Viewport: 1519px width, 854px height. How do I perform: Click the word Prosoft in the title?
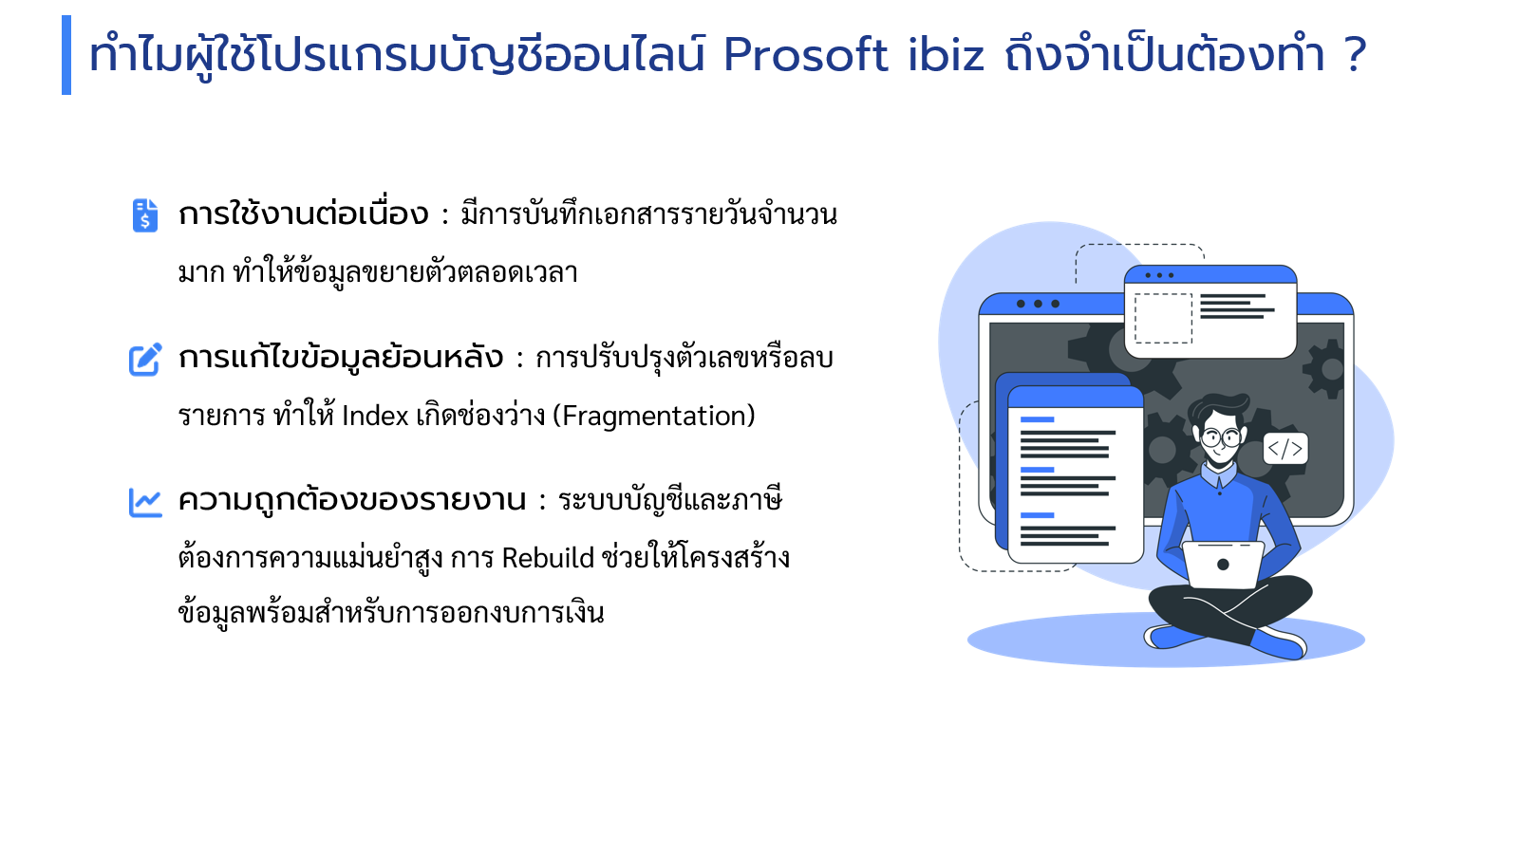pyautogui.click(x=806, y=54)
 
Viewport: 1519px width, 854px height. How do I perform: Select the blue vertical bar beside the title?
pyautogui.click(x=66, y=55)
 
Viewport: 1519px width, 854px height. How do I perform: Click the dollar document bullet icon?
pyautogui.click(x=145, y=214)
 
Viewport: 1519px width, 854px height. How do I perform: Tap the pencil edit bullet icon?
pyautogui.click(x=146, y=360)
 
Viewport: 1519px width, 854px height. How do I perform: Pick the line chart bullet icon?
pyautogui.click(x=146, y=502)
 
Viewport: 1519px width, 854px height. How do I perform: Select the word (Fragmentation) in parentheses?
pyautogui.click(x=654, y=416)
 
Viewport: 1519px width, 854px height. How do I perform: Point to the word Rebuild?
pyautogui.click(x=548, y=558)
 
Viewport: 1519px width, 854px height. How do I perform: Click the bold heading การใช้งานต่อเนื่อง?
pyautogui.click(x=303, y=214)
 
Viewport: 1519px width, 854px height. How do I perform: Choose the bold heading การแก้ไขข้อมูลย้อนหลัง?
pyautogui.click(x=341, y=357)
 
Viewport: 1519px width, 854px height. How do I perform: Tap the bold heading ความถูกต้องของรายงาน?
pyautogui.click(x=352, y=501)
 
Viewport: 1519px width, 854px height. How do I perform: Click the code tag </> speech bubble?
pyautogui.click(x=1285, y=449)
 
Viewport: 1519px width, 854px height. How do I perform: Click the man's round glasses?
pyautogui.click(x=1222, y=437)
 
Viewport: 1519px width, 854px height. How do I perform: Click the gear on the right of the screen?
pyautogui.click(x=1324, y=369)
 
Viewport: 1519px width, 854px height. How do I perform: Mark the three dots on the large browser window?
pyautogui.click(x=1038, y=304)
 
